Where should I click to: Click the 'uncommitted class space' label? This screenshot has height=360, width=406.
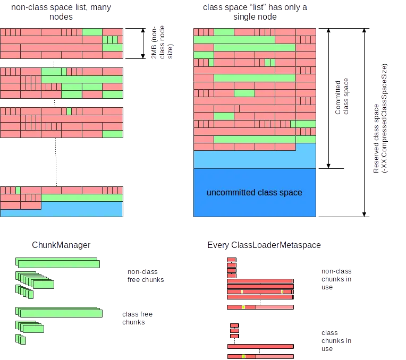pos(254,193)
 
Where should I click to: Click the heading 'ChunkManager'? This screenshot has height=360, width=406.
pos(61,245)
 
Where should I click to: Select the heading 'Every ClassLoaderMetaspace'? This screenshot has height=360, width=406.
pos(264,245)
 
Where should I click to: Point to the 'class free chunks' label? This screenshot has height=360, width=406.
pos(137,318)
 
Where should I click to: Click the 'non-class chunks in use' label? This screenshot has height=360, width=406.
pos(336,279)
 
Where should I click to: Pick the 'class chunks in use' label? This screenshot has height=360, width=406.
pos(336,340)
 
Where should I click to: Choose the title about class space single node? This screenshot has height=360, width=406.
pos(255,12)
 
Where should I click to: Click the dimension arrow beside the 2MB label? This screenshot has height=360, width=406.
pos(142,42)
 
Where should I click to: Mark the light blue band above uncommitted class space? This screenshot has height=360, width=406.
pos(255,159)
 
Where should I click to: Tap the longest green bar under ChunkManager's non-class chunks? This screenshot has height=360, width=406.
pos(57,264)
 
